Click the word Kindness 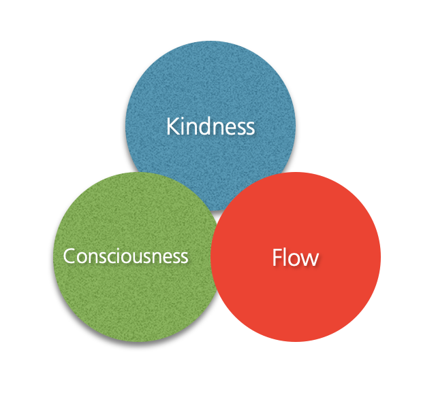211,126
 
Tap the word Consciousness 125,256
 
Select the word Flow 296,258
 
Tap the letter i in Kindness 183,126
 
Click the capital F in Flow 277,258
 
